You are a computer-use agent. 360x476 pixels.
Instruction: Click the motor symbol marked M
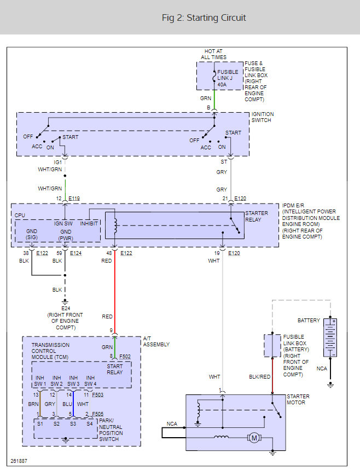(x=253, y=437)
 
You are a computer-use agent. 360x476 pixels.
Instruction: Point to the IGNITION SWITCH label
(x=263, y=118)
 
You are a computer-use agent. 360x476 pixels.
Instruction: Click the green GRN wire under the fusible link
(x=214, y=100)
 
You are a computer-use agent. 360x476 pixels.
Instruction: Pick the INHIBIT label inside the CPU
(x=89, y=223)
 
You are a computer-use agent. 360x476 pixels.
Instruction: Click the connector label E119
(x=75, y=199)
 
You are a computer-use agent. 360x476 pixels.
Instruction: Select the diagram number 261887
(x=18, y=461)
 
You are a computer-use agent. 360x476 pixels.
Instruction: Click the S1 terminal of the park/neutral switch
(x=40, y=423)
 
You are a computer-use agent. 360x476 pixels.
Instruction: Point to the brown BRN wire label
(x=33, y=404)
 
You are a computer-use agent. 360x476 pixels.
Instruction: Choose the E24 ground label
(x=65, y=308)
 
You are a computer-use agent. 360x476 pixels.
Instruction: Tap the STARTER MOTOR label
(x=298, y=399)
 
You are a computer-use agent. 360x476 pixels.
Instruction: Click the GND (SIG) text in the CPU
(x=32, y=234)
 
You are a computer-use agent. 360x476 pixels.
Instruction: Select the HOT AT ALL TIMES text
(x=213, y=54)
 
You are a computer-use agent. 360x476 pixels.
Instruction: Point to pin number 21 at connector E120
(x=225, y=199)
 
